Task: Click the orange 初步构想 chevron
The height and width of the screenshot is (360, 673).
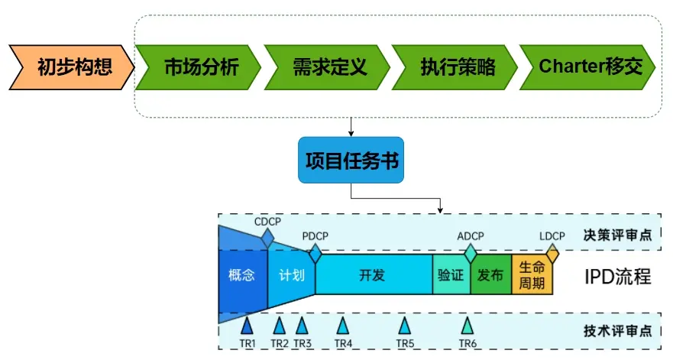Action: tap(71, 66)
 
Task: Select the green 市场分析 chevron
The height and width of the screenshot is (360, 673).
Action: tap(200, 66)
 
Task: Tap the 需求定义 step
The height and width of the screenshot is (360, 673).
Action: tap(328, 66)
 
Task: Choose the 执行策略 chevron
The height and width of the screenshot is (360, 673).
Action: tap(457, 66)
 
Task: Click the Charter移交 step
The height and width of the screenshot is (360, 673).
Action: tap(588, 66)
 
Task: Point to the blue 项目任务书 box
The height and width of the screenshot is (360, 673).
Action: tap(351, 161)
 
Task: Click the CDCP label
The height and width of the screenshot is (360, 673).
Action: tap(267, 222)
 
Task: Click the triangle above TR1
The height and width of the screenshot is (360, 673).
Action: tap(247, 326)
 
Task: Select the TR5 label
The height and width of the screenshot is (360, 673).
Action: tap(405, 344)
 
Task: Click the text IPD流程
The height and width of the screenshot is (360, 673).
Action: tap(617, 276)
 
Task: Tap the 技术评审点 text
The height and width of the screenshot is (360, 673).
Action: tap(617, 330)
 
